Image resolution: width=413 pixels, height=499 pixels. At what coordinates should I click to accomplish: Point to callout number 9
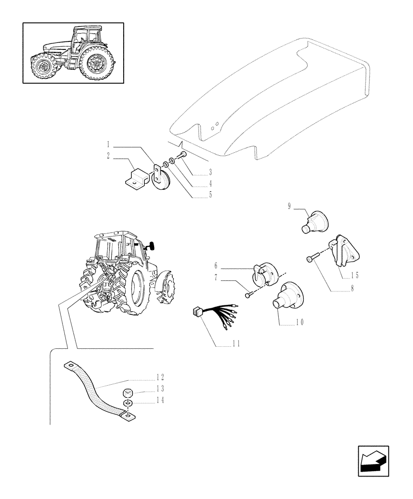tap(289, 207)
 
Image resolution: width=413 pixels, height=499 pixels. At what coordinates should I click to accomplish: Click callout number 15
tap(354, 275)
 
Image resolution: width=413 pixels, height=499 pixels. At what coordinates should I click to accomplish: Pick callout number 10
tap(299, 322)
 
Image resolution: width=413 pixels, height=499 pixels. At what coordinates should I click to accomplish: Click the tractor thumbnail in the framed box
tap(73, 53)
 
